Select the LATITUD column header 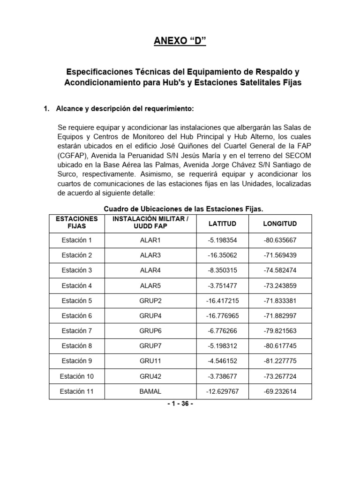[x=222, y=224]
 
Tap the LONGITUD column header [x=280, y=224]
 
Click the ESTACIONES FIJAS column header [x=76, y=223]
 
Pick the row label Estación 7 [x=77, y=331]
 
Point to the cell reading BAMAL [x=150, y=391]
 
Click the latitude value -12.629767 [x=222, y=391]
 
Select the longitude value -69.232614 [x=280, y=391]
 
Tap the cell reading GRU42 [x=150, y=376]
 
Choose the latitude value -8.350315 [x=222, y=270]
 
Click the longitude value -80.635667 [x=280, y=240]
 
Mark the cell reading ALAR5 [x=150, y=285]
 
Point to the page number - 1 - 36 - [x=180, y=404]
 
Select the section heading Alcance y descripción [x=124, y=109]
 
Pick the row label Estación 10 [x=77, y=376]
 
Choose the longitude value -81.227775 [x=280, y=361]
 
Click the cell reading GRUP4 [x=150, y=316]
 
